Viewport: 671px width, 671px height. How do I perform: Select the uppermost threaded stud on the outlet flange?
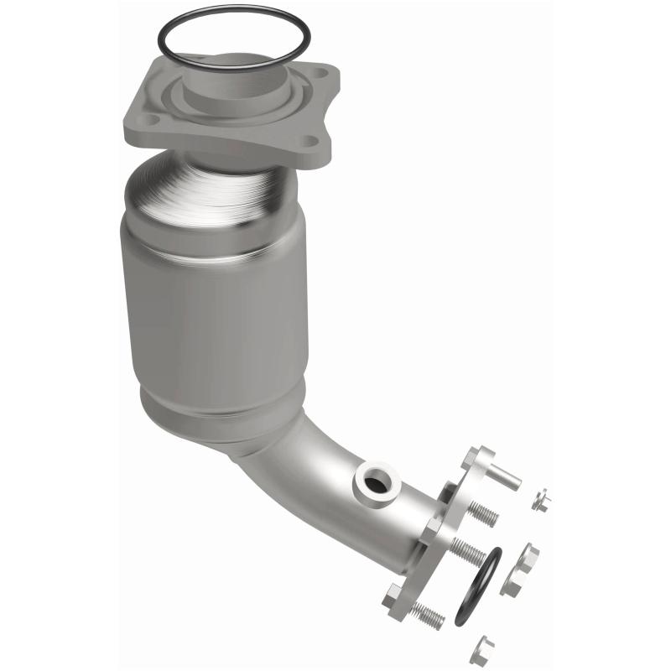(481, 512)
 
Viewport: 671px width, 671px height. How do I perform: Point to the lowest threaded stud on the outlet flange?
(427, 615)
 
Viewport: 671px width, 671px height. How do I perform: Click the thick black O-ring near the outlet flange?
(478, 587)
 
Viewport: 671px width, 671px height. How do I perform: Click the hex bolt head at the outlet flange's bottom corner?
(393, 597)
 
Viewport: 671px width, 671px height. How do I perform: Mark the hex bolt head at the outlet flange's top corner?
(471, 458)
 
